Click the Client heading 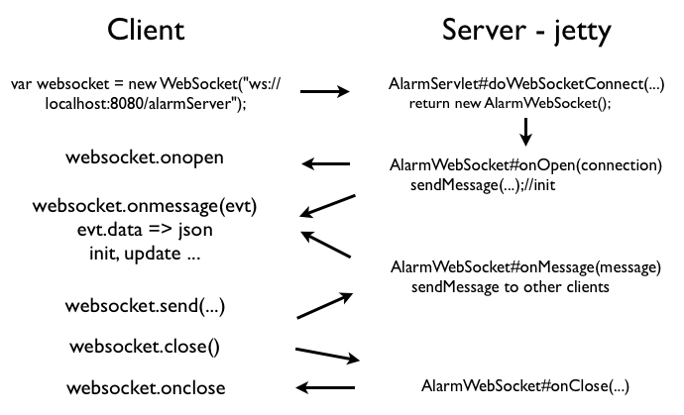[145, 31]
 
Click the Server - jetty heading [525, 31]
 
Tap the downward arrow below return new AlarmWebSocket [525, 131]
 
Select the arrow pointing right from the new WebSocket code [325, 92]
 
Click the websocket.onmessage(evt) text [145, 207]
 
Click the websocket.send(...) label [145, 306]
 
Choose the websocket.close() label [145, 347]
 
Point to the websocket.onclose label [145, 386]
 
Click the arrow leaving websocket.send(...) [325, 305]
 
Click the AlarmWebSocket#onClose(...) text [525, 386]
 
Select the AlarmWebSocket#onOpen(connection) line [525, 165]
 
